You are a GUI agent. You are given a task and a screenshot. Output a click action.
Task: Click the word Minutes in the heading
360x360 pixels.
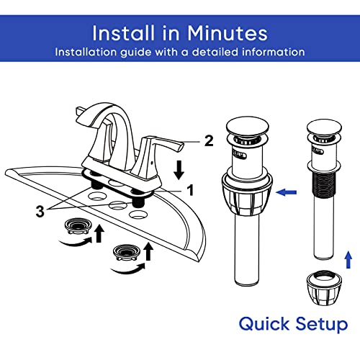tap(227, 33)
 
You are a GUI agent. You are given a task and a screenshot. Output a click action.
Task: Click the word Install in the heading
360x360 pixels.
tap(123, 33)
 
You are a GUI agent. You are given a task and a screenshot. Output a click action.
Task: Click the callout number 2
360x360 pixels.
tap(209, 141)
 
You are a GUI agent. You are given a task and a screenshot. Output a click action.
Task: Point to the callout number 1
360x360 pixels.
tap(190, 190)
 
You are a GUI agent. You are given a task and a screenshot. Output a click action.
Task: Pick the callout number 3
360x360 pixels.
tap(40, 212)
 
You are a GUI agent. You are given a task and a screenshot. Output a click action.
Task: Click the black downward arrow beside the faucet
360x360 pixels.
tap(179, 171)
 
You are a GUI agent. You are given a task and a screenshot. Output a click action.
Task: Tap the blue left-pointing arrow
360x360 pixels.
tap(286, 192)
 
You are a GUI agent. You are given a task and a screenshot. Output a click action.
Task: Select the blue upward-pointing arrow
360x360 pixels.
tap(348, 260)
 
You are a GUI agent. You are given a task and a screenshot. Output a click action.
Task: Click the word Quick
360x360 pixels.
tap(264, 324)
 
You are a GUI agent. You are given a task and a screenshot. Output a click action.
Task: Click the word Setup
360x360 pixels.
tap(322, 325)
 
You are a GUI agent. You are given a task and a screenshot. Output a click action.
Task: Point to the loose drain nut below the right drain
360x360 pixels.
tap(324, 288)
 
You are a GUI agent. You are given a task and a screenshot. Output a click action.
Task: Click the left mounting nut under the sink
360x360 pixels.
tap(78, 226)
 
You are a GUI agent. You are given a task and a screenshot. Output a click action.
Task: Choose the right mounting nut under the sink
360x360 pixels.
tap(126, 253)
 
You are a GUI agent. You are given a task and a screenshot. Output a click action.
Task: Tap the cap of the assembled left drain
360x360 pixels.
tap(248, 127)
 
